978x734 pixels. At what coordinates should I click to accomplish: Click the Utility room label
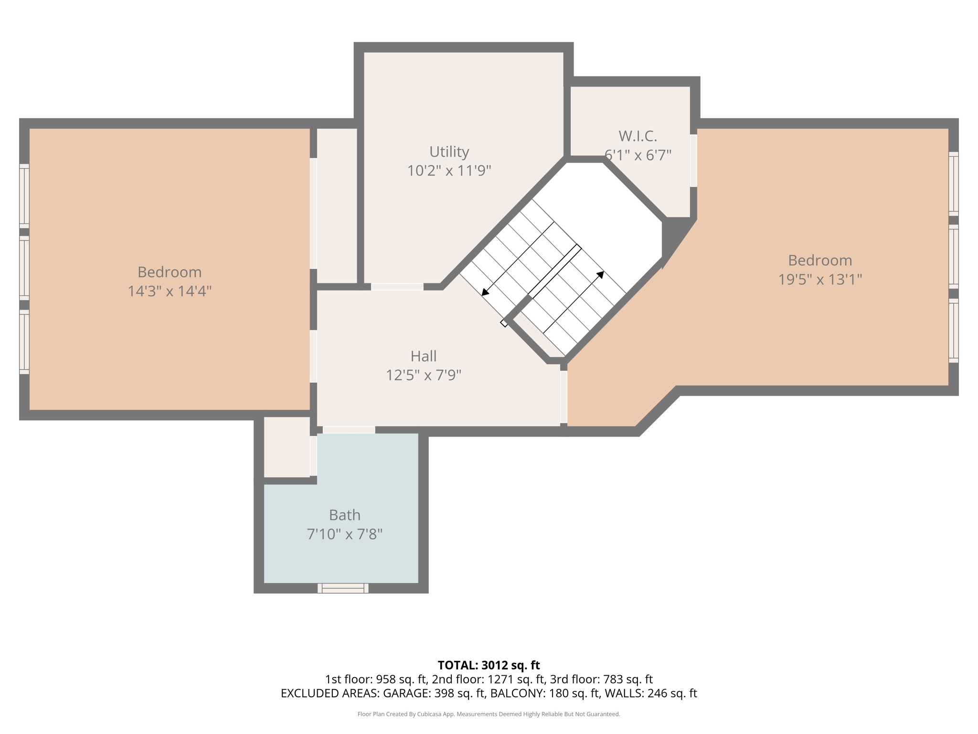click(x=449, y=151)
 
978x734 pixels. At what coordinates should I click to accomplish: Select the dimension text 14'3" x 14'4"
click(x=170, y=291)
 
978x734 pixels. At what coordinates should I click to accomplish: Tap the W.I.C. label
click(x=638, y=136)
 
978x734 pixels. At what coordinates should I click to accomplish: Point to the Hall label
click(x=424, y=356)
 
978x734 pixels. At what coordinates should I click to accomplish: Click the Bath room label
click(x=344, y=515)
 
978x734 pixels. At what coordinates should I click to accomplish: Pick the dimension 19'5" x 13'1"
click(x=820, y=279)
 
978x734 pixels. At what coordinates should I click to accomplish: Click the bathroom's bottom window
click(x=343, y=588)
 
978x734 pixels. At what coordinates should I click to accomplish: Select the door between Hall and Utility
click(x=397, y=287)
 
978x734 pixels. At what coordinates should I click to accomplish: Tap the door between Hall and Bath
click(x=349, y=430)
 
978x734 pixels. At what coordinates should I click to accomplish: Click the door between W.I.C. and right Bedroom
click(x=693, y=161)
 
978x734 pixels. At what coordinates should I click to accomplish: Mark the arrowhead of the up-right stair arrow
click(x=601, y=274)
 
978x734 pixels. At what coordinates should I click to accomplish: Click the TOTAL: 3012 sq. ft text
click(x=489, y=665)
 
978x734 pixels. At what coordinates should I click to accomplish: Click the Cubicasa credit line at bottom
click(x=489, y=714)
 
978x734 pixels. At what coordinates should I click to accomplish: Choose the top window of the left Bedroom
click(x=24, y=195)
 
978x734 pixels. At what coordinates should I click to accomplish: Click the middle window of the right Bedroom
click(x=953, y=257)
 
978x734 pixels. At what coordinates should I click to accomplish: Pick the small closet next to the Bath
click(x=287, y=447)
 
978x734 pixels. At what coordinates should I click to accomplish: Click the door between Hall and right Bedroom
click(x=563, y=397)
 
